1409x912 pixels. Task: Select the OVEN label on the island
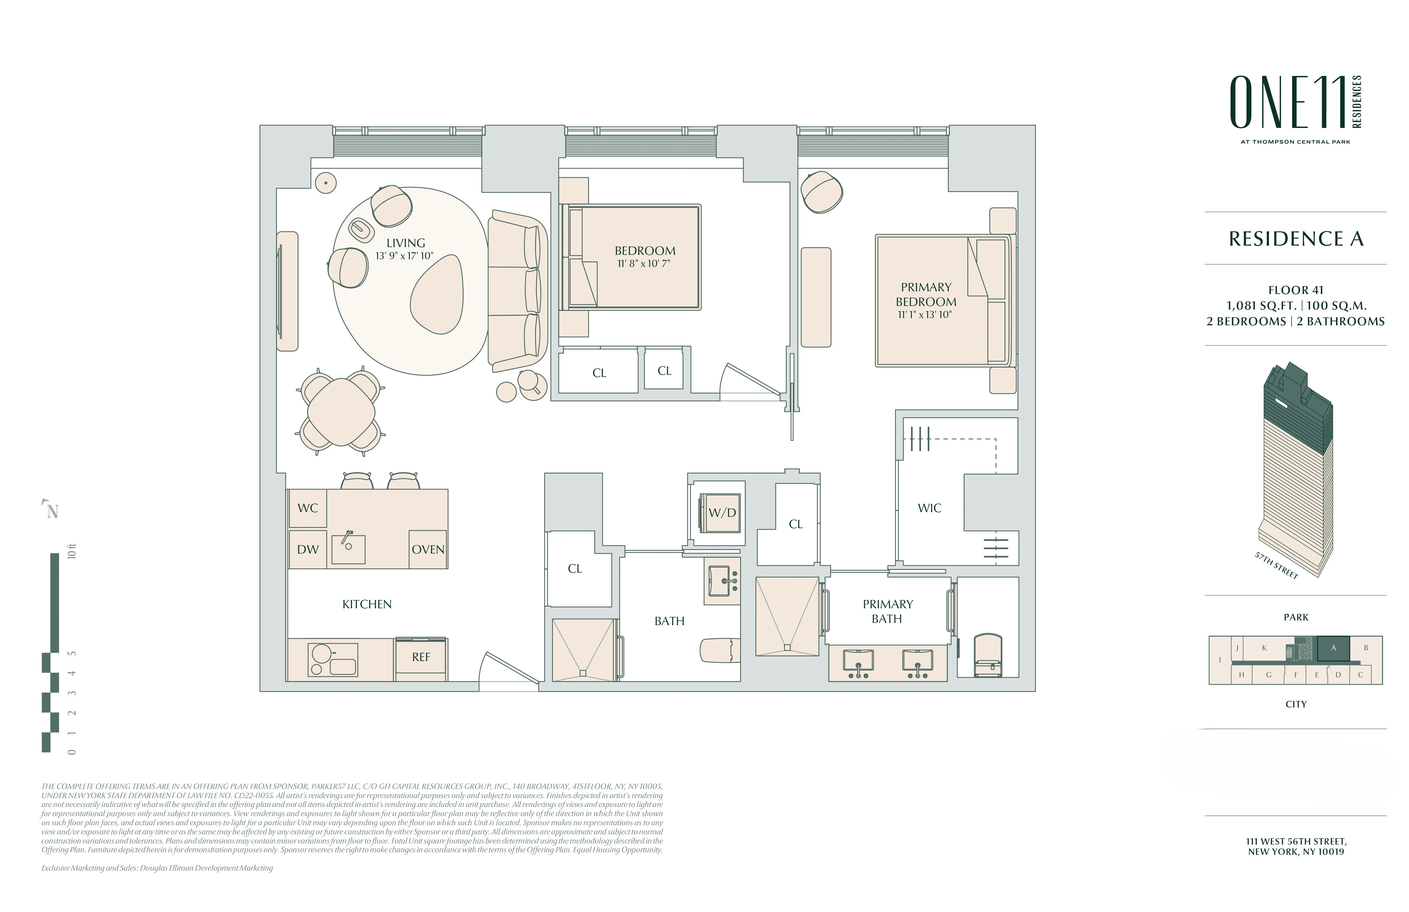pos(427,550)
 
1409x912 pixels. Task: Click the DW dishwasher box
pos(307,550)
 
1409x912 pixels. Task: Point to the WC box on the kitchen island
pos(307,508)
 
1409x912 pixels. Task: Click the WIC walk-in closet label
pos(929,508)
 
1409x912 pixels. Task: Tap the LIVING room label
pos(406,243)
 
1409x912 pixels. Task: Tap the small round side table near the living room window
pos(325,182)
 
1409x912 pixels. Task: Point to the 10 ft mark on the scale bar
pos(72,551)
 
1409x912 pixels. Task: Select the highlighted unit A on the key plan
pos(1333,648)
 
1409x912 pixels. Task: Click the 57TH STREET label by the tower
pos(1276,565)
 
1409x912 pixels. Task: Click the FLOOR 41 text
pos(1295,290)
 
